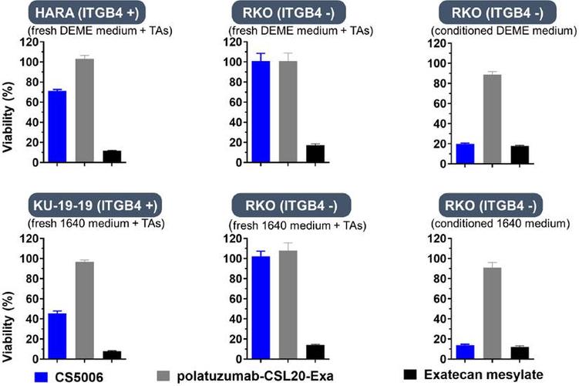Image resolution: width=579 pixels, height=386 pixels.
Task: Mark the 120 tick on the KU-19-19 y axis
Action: click(x=29, y=238)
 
